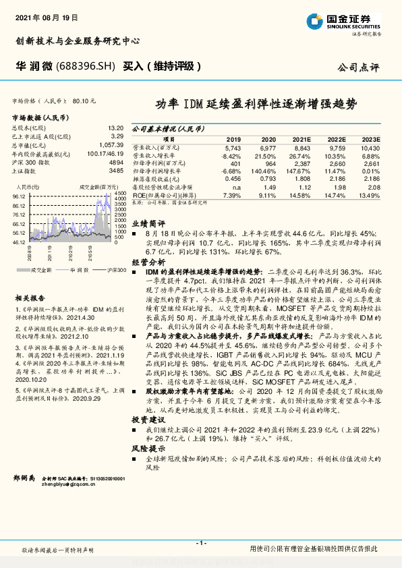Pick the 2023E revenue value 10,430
(370, 148)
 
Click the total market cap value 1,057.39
(112, 144)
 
